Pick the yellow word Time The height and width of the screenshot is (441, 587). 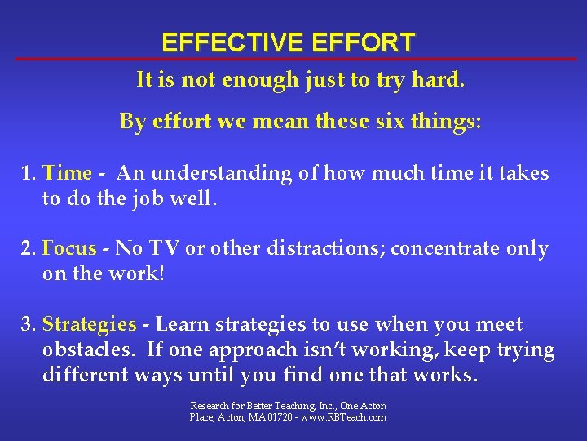(x=67, y=173)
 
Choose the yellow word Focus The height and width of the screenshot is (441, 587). (x=69, y=248)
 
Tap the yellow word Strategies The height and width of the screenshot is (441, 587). (x=89, y=324)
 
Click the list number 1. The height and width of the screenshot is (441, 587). (x=29, y=173)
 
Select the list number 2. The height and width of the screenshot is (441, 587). (x=29, y=248)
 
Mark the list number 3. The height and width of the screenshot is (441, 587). (x=29, y=324)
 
